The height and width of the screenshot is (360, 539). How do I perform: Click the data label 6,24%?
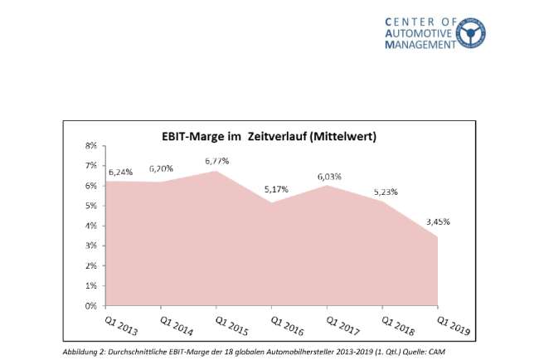tap(120, 172)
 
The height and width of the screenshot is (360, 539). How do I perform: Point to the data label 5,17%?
tap(275, 189)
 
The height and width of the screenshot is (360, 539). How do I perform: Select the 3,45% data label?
tap(439, 222)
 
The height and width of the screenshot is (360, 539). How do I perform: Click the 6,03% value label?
tap(329, 177)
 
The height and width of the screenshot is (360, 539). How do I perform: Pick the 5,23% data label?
tap(384, 192)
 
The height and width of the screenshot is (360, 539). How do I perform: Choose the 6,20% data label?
tap(163, 168)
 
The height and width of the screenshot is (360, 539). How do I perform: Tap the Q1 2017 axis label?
tap(341, 324)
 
